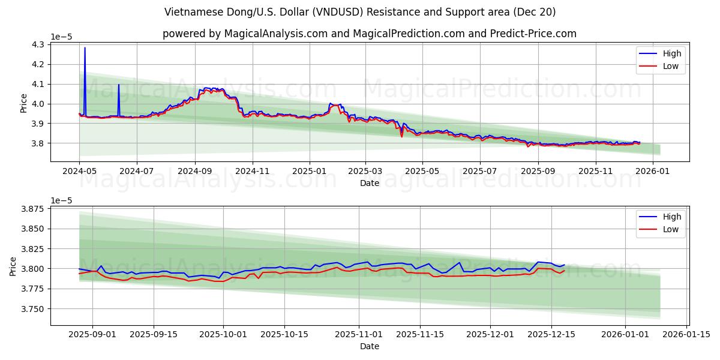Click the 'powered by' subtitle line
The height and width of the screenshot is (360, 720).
click(369, 34)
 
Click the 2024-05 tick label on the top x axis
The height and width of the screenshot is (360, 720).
click(79, 171)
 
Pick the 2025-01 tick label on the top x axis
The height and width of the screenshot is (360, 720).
click(310, 171)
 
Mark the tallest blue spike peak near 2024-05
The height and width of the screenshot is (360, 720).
click(85, 48)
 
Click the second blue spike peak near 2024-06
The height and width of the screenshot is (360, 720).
click(118, 85)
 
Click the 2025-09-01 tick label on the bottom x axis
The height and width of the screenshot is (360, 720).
click(92, 334)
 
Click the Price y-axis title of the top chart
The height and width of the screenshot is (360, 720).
click(24, 103)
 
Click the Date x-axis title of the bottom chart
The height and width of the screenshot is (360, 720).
click(369, 346)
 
